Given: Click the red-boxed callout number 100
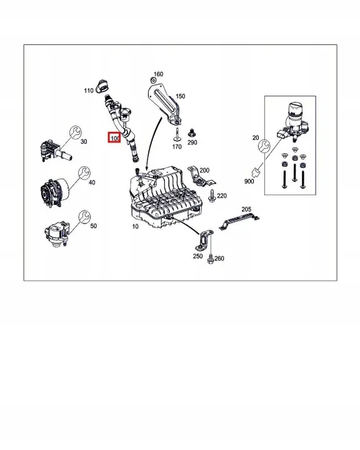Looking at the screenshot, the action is point(114,138).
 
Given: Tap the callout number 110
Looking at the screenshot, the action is point(89,91).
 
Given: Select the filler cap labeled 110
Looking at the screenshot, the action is point(102,86).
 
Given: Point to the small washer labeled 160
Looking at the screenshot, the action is point(153,81).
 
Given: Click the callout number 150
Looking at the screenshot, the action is point(180,96).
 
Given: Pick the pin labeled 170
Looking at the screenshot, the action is point(177,135).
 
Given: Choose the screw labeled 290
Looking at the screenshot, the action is point(191,133).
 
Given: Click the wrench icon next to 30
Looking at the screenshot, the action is point(76,132).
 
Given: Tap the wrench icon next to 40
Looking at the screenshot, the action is point(84,172).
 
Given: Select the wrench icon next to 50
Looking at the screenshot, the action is point(84,217).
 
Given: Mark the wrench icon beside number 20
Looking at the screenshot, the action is point(264,146).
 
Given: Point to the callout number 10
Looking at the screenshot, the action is point(135,226).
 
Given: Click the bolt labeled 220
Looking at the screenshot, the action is point(212,196).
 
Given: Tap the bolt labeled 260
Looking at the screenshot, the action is point(211,259).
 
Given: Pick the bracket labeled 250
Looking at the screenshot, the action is point(205,239).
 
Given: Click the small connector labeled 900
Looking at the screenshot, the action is point(256,172).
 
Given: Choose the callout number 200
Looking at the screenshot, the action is point(204,170).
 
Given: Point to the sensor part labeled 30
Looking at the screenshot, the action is point(54,151).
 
